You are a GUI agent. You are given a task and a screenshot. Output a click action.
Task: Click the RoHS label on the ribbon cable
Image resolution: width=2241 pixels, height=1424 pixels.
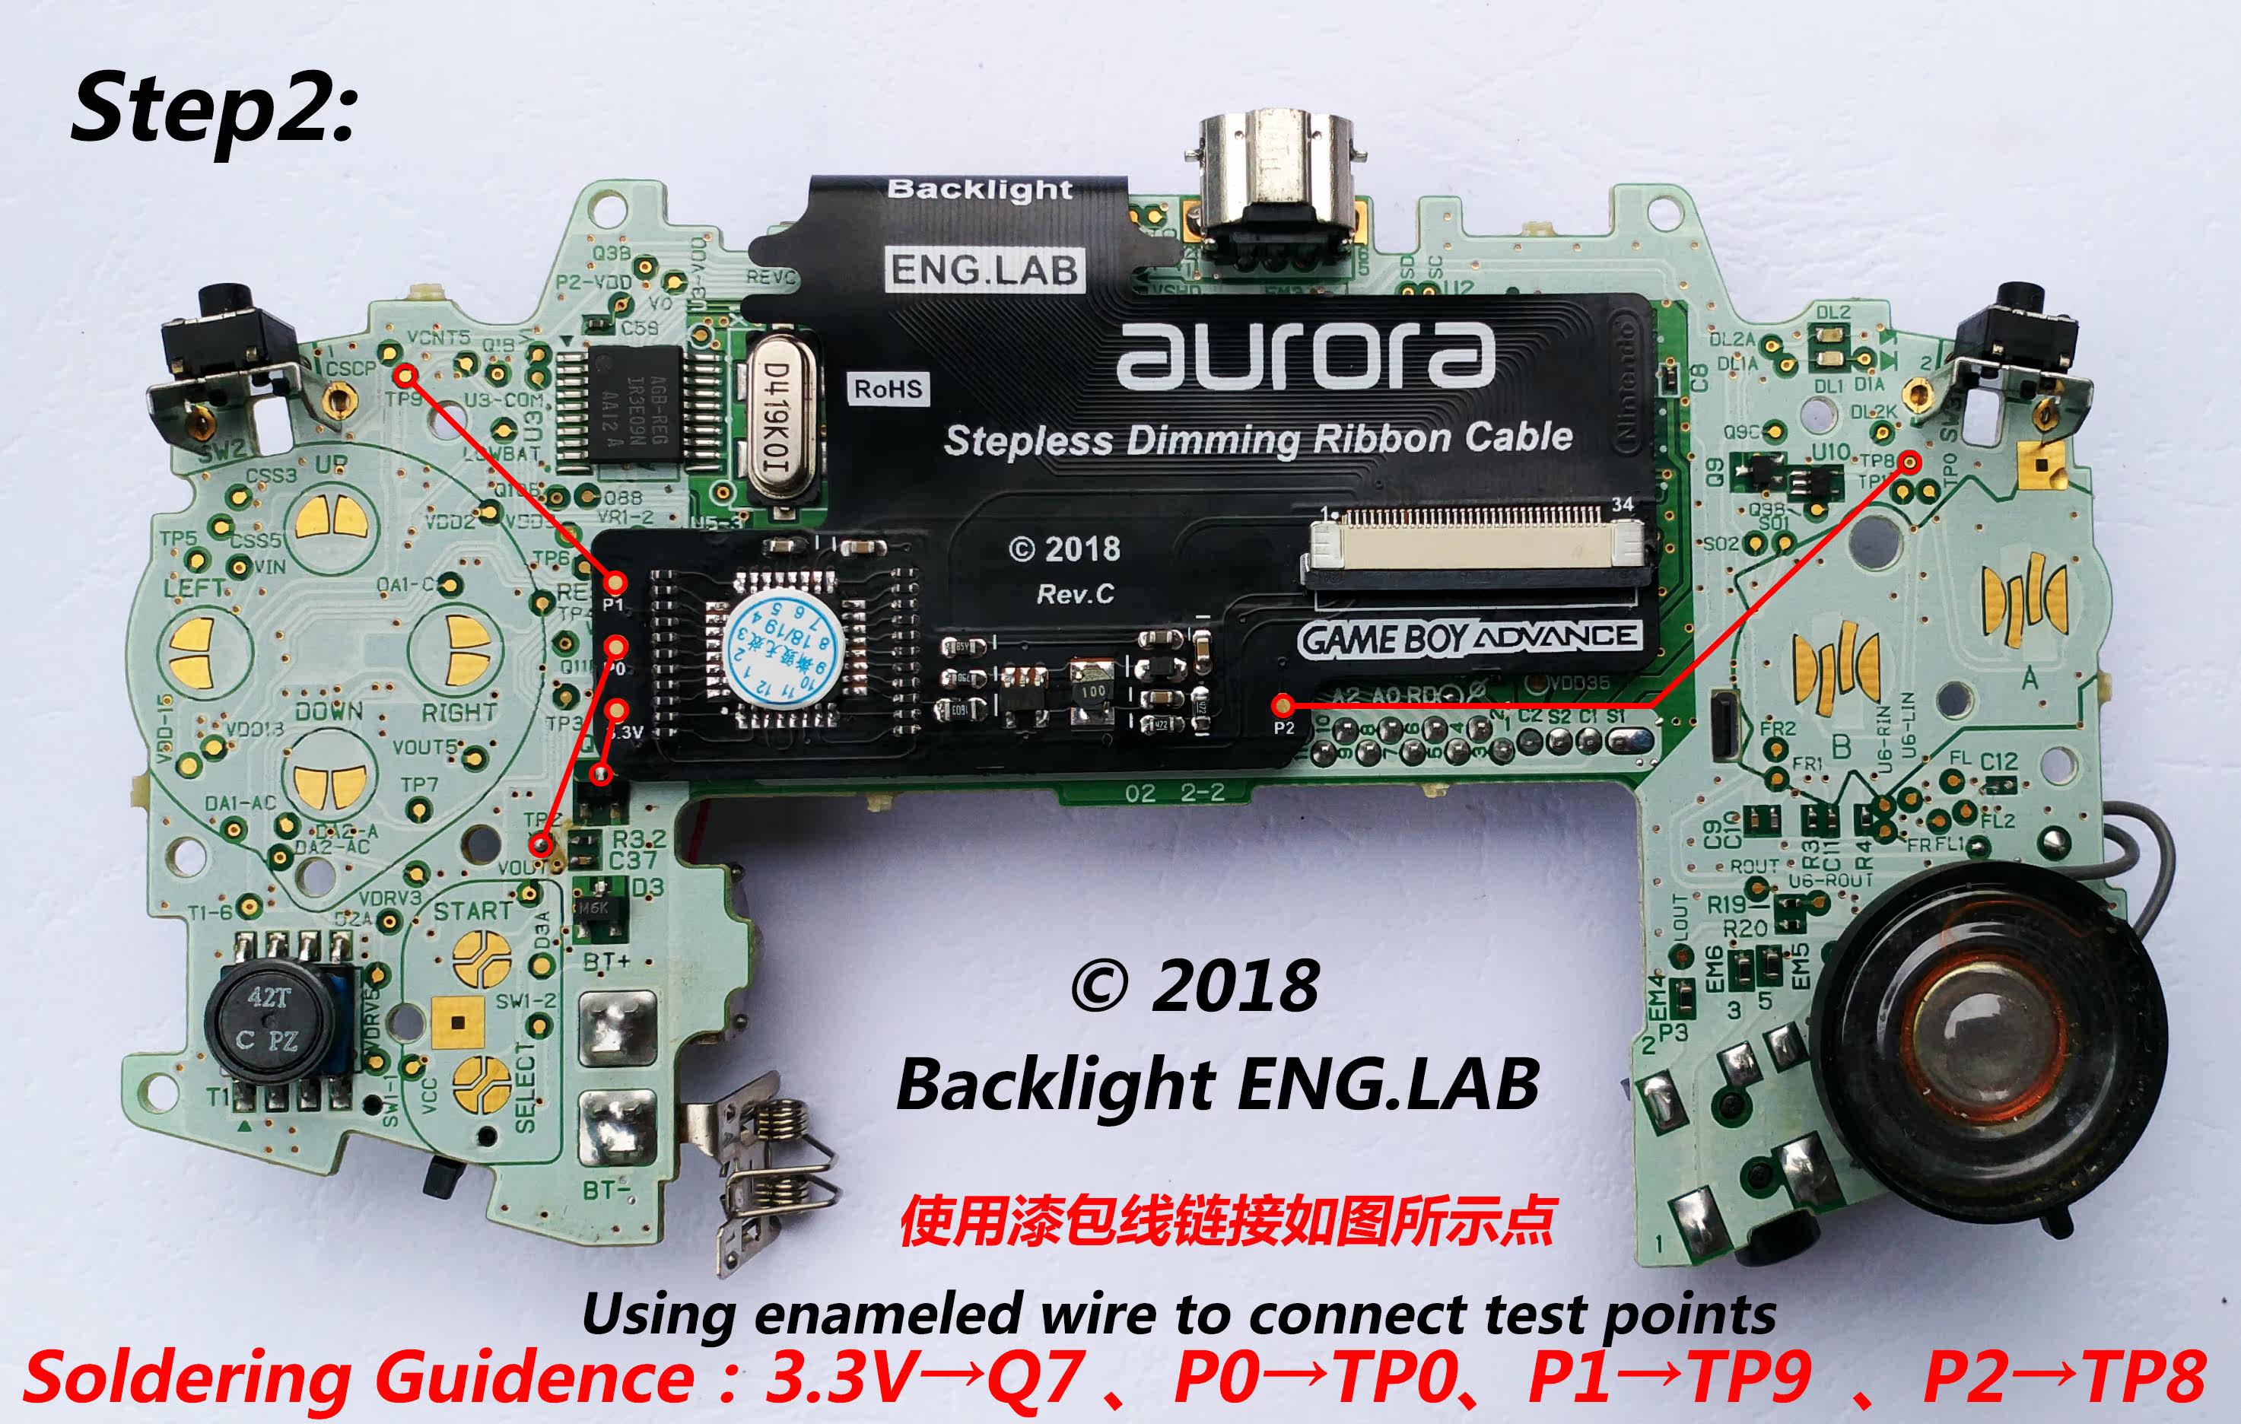(x=888, y=389)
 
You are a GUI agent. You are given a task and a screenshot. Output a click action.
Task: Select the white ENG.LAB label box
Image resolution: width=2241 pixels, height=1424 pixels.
(x=984, y=270)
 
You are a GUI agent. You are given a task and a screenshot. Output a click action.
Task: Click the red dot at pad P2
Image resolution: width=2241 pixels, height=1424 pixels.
(x=1283, y=704)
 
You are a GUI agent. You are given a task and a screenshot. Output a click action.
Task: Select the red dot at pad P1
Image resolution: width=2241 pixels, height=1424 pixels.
(x=615, y=583)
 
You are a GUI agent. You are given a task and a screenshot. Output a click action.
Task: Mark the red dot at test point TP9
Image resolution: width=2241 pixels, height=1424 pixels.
(x=404, y=375)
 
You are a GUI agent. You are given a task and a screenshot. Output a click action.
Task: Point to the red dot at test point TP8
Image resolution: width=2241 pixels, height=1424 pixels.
(x=1909, y=462)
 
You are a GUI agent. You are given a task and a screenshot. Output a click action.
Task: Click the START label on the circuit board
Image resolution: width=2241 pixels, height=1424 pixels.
(x=472, y=911)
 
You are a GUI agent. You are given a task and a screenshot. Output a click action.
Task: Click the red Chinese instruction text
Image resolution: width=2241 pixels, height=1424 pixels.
(x=1226, y=1221)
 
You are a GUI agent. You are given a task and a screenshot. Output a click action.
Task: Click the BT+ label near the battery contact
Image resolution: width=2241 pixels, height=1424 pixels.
(x=606, y=962)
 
